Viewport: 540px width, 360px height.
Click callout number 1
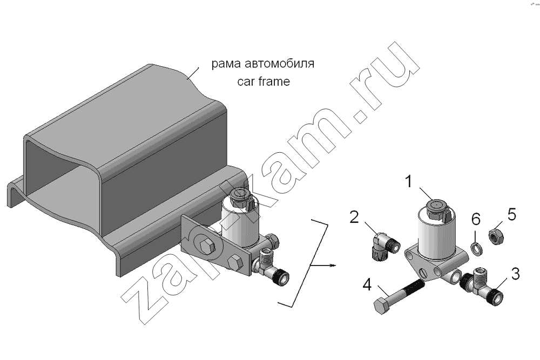pyautogui.click(x=408, y=181)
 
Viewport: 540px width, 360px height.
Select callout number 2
pyautogui.click(x=354, y=217)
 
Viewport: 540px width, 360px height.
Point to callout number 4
pyautogui.click(x=367, y=284)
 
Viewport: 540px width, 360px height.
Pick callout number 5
pyautogui.click(x=512, y=215)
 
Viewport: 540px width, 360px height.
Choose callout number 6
pyautogui.click(x=476, y=219)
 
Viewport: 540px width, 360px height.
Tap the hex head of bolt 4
pyautogui.click(x=381, y=307)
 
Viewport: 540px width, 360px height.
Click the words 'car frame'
pyautogui.click(x=264, y=81)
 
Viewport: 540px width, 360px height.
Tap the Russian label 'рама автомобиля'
pyautogui.click(x=263, y=64)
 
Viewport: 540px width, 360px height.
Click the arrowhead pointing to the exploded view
pyautogui.click(x=332, y=265)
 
